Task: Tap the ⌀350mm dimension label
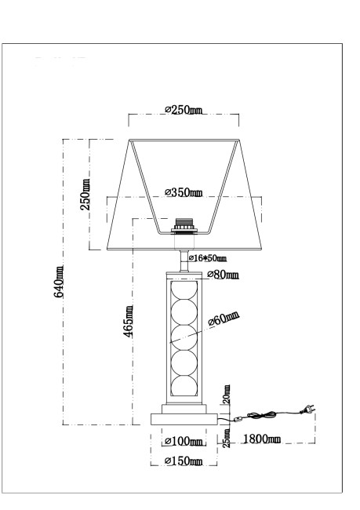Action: click(x=184, y=193)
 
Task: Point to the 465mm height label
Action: click(x=129, y=323)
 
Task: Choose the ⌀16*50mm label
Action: click(x=208, y=257)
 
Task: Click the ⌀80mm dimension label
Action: click(x=223, y=275)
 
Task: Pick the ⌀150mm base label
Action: click(x=184, y=461)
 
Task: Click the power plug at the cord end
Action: click(x=308, y=410)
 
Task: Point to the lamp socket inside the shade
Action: click(x=184, y=226)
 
